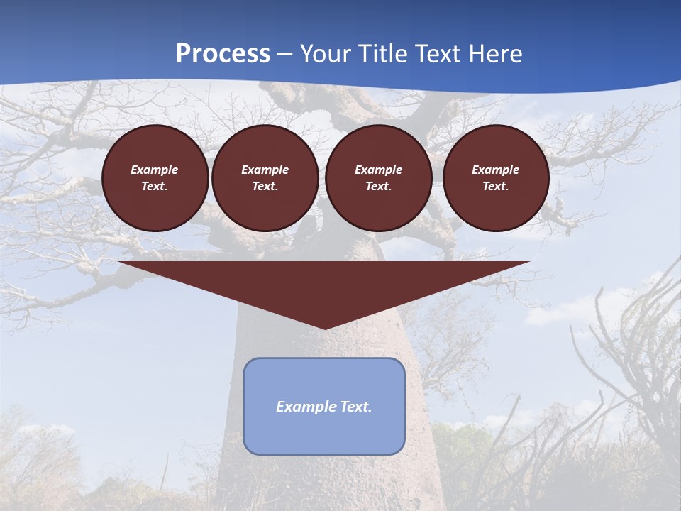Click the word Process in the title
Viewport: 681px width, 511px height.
click(223, 54)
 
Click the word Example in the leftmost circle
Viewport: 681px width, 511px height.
click(155, 170)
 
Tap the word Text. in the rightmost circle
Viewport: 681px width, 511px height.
click(495, 186)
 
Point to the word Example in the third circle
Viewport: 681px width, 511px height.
click(378, 170)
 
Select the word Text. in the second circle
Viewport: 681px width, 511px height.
click(265, 186)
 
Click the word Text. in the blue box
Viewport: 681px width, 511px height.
click(355, 407)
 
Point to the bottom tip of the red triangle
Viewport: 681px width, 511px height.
click(324, 327)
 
